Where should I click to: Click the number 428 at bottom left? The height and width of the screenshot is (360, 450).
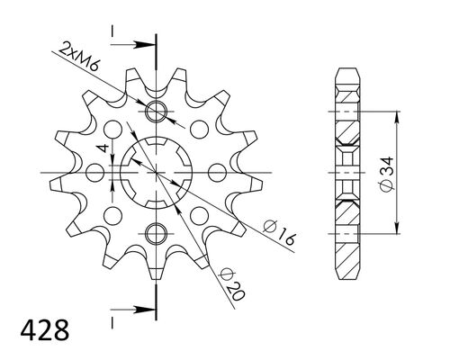click(x=40, y=324)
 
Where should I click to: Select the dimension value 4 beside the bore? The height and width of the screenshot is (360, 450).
click(x=104, y=148)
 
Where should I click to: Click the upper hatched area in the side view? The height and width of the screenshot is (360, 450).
click(x=346, y=133)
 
